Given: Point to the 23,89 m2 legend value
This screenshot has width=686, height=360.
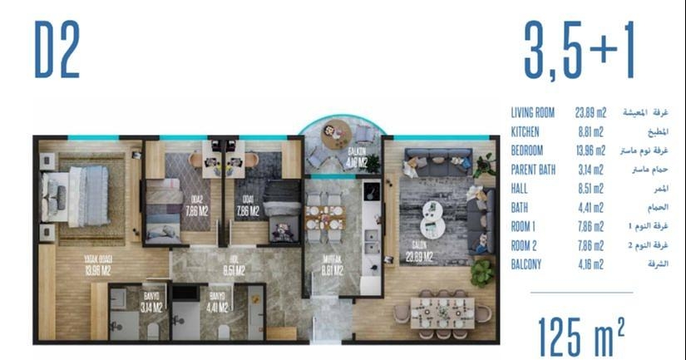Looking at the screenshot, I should point(591,112).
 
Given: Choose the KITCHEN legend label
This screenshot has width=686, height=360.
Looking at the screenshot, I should point(526,131).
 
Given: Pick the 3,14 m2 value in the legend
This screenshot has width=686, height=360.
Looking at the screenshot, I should point(590,170).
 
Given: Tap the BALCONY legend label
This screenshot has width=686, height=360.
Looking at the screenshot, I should point(527,264).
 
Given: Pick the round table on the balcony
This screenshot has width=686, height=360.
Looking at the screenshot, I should point(337,133).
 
